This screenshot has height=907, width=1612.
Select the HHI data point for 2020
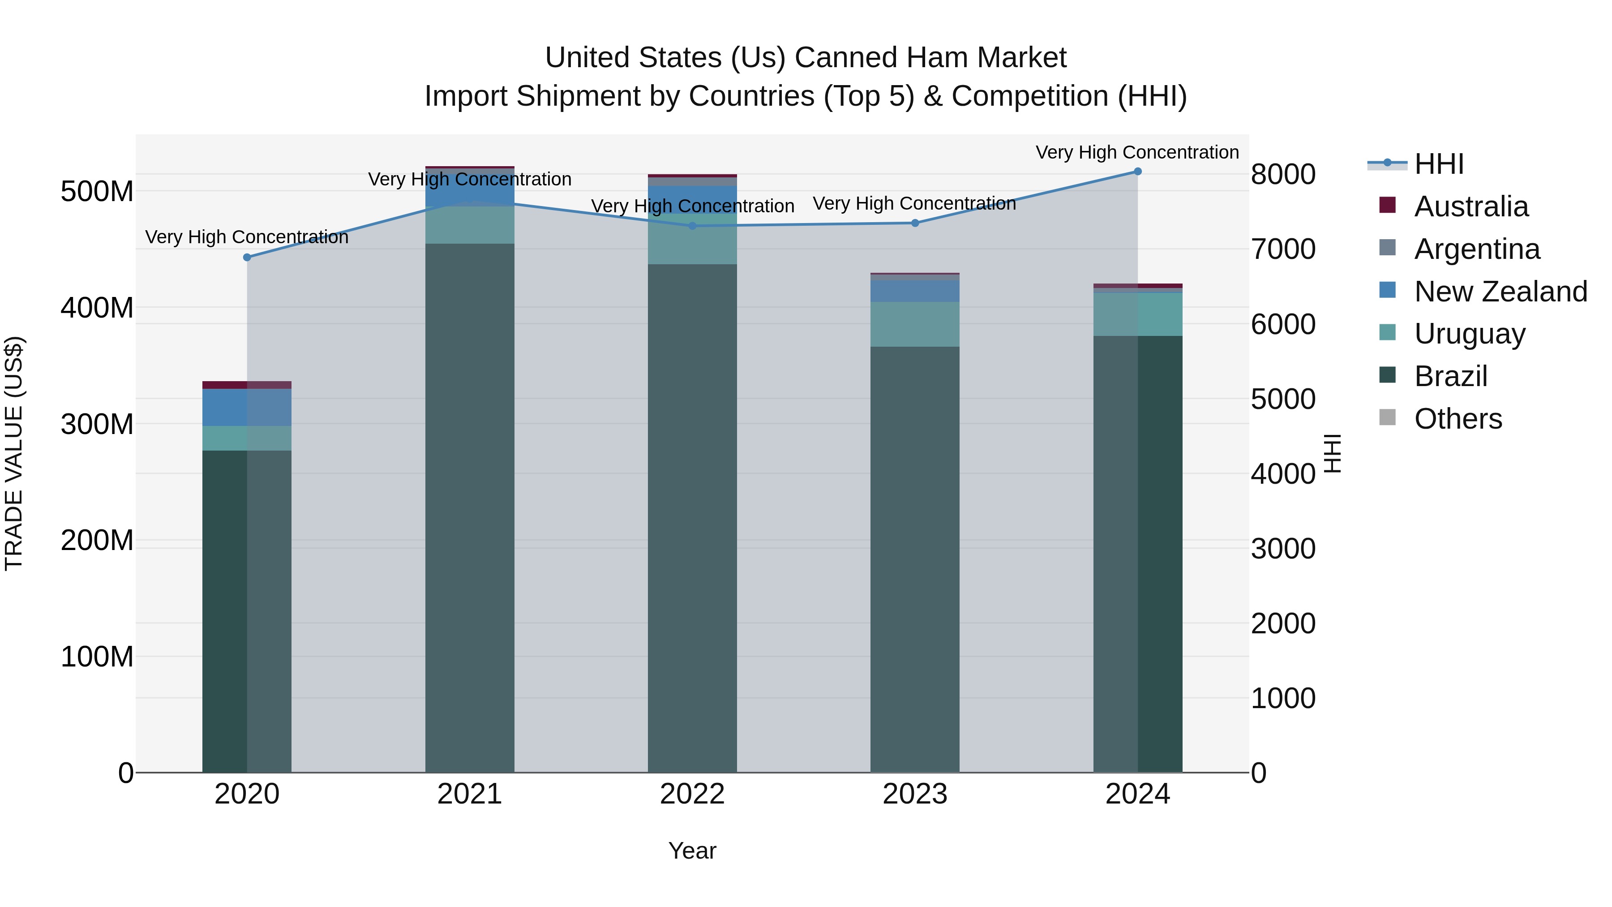click(x=247, y=257)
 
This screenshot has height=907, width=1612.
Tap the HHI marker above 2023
click(x=915, y=223)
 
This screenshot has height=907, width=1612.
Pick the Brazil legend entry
click(x=1450, y=376)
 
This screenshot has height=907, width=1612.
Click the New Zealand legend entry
click(x=1500, y=292)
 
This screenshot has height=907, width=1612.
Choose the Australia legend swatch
click(x=1387, y=205)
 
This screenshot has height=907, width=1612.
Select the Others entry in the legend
click(x=1458, y=419)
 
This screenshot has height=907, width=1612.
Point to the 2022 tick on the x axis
click(x=692, y=794)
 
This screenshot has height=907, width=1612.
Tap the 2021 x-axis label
click(x=469, y=794)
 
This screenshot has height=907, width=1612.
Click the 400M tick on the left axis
click(x=97, y=308)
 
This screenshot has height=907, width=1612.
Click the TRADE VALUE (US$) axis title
click(x=14, y=453)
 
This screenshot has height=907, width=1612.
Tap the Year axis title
click(x=692, y=851)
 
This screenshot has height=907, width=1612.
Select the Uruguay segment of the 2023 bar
click(x=915, y=324)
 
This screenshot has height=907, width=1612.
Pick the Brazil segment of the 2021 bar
click(x=469, y=507)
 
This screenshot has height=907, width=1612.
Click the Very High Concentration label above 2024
click(x=1136, y=152)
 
